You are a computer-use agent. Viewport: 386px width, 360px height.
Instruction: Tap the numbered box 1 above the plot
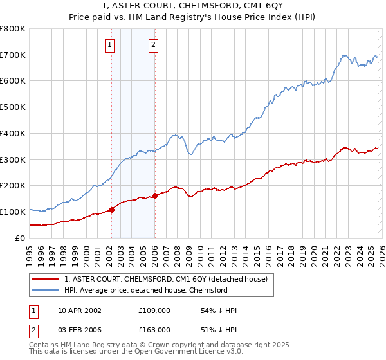pos(110,45)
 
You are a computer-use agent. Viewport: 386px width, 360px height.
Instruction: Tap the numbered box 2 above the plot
pos(154,45)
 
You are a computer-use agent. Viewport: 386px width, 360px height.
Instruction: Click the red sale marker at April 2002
pos(111,209)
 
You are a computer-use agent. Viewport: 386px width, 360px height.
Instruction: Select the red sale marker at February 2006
pos(156,195)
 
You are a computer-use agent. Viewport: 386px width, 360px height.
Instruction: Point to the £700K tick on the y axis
pos(14,55)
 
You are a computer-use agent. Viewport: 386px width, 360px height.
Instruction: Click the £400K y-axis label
pos(14,134)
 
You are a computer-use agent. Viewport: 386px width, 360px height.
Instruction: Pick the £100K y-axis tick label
pos(14,212)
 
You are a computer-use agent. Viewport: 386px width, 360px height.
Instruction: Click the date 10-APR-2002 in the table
pos(80,310)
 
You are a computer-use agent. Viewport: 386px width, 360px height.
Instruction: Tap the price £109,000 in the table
pos(155,310)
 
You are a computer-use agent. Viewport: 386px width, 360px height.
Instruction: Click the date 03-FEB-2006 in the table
pos(80,330)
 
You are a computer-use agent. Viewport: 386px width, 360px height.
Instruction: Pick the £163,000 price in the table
pos(155,330)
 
